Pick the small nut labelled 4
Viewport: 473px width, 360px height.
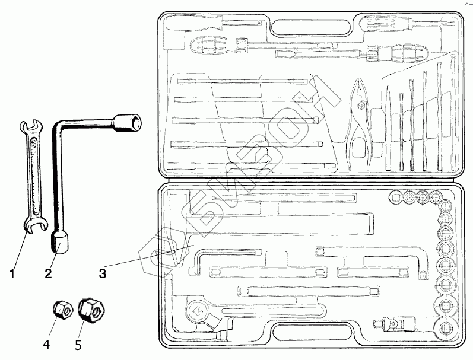point(62,308)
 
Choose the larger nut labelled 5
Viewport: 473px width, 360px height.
point(88,309)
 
